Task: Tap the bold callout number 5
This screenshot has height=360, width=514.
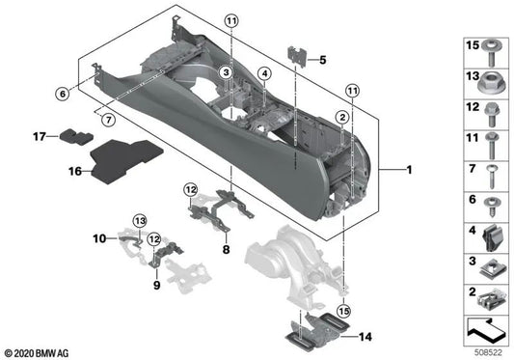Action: pos(321,60)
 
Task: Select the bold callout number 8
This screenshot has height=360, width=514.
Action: pos(225,248)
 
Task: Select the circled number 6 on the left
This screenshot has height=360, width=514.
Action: pos(60,94)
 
